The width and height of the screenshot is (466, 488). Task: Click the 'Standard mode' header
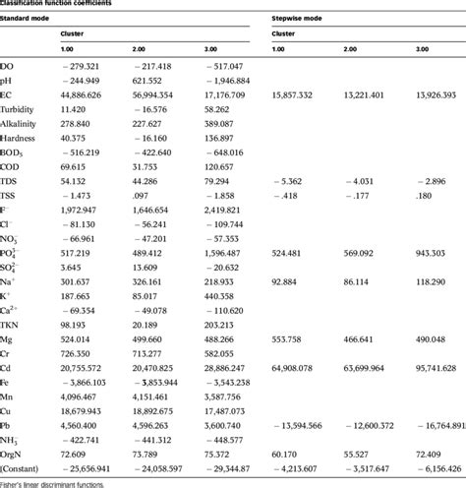click(x=29, y=17)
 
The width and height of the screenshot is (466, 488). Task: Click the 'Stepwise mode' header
click(x=299, y=17)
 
